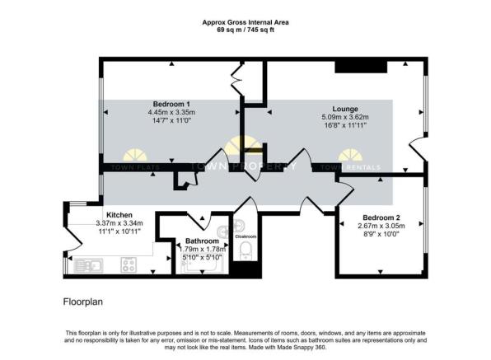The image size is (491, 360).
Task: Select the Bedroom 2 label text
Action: click(x=379, y=217)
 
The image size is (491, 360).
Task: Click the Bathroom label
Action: click(x=202, y=241)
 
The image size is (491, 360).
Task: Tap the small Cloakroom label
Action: click(x=245, y=236)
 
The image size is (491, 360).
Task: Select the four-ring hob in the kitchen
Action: click(x=129, y=265)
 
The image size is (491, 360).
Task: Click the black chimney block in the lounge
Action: click(x=350, y=68)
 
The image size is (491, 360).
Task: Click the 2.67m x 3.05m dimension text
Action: click(x=379, y=226)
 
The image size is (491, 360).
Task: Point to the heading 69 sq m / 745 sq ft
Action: click(x=245, y=30)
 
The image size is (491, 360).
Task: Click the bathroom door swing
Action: click(x=198, y=217)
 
